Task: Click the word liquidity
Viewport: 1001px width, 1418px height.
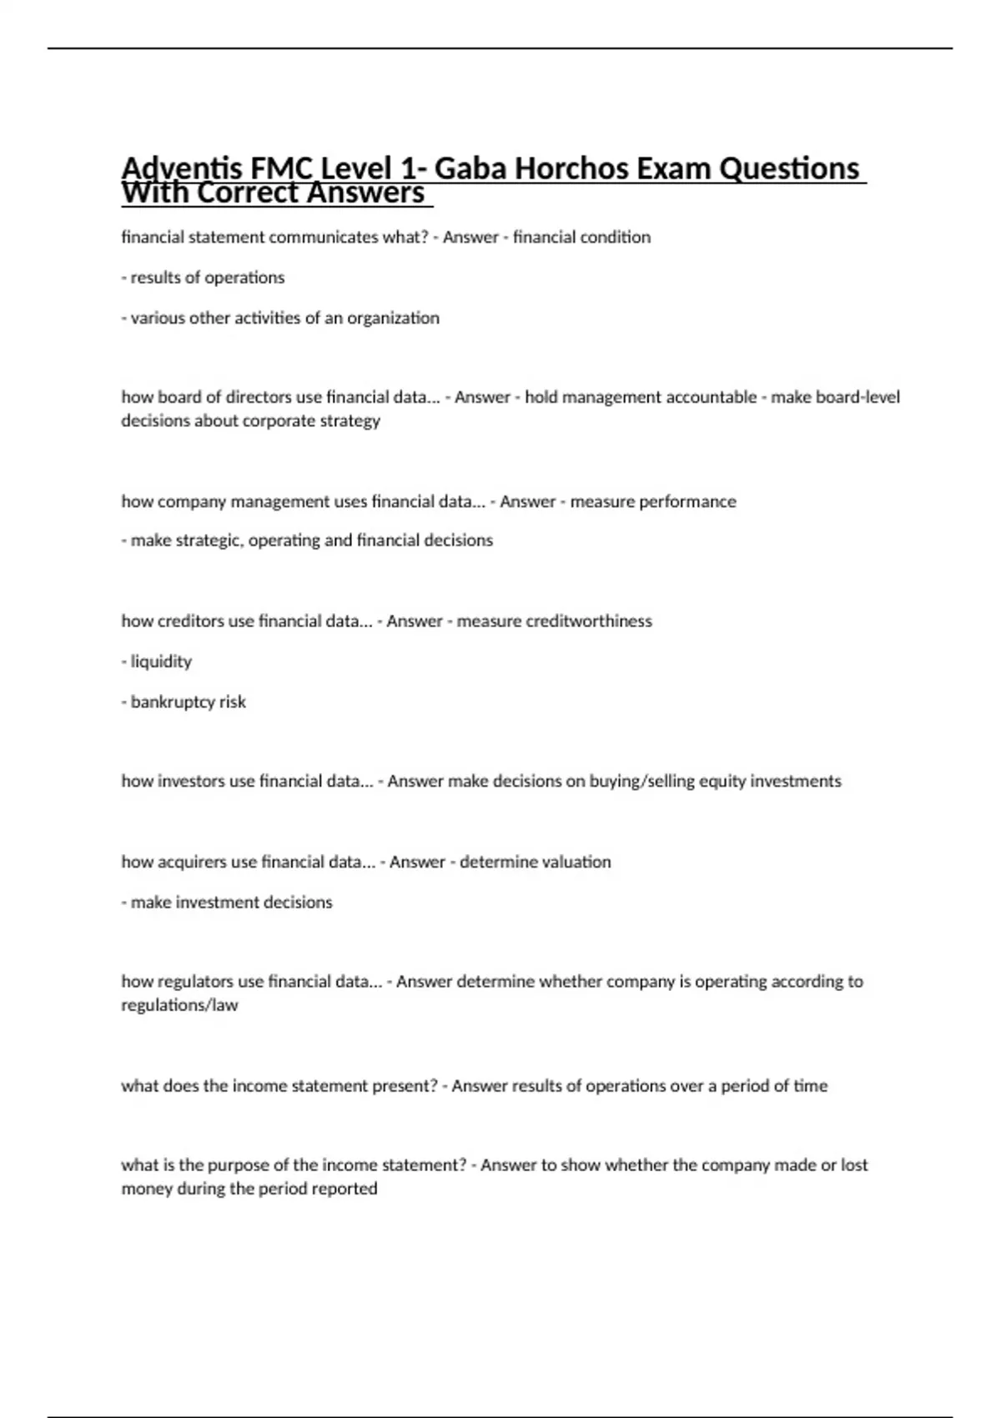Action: coord(161,661)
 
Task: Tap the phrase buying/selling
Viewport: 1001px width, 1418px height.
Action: coord(641,781)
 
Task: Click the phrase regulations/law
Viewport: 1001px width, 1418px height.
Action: coord(179,1005)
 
